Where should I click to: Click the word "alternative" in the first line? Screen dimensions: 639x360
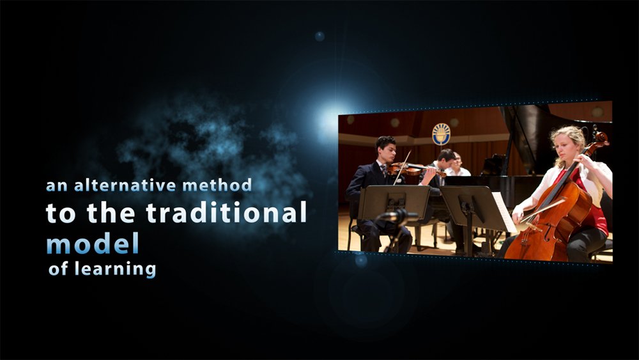[125, 185]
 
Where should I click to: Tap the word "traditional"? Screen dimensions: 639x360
[226, 212]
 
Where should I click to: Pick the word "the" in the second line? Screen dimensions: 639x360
[111, 212]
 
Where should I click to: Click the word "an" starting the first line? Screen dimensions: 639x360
[57, 187]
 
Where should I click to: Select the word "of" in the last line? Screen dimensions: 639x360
[58, 269]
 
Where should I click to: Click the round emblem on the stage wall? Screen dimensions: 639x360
[441, 134]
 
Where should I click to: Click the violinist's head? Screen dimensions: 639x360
[385, 149]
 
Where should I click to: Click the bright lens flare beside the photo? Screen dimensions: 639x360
[327, 118]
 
